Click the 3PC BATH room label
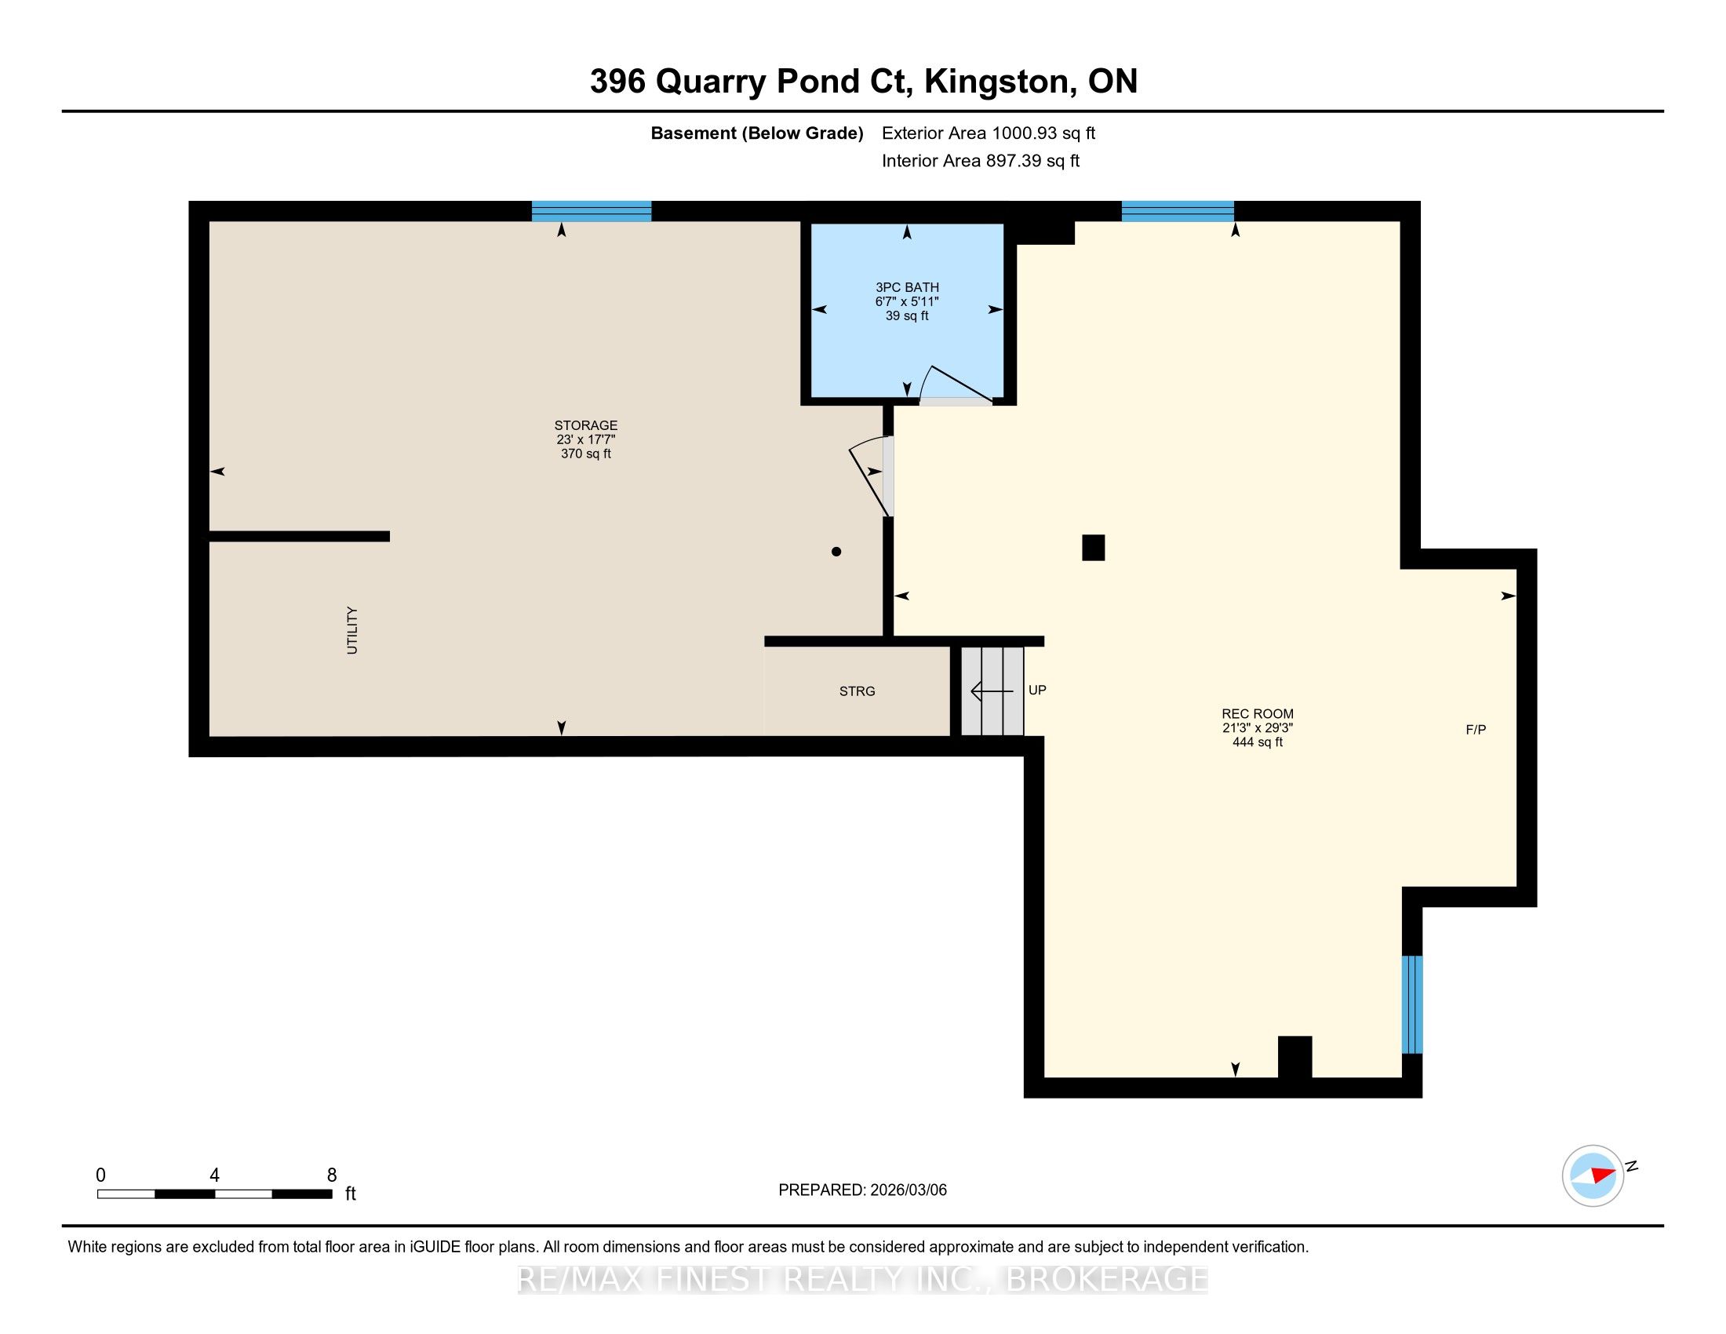point(906,288)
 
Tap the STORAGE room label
point(585,425)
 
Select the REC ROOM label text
point(1258,713)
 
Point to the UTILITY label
point(352,631)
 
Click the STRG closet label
point(858,691)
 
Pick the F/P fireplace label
point(1476,730)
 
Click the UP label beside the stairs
point(1037,690)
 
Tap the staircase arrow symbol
point(992,691)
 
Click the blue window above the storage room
point(591,211)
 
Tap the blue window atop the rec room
point(1178,211)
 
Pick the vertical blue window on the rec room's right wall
point(1412,1004)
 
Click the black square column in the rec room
point(1093,548)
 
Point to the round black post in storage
point(836,552)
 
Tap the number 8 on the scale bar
point(332,1175)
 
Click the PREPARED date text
point(862,1190)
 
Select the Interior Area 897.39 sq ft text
point(980,161)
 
